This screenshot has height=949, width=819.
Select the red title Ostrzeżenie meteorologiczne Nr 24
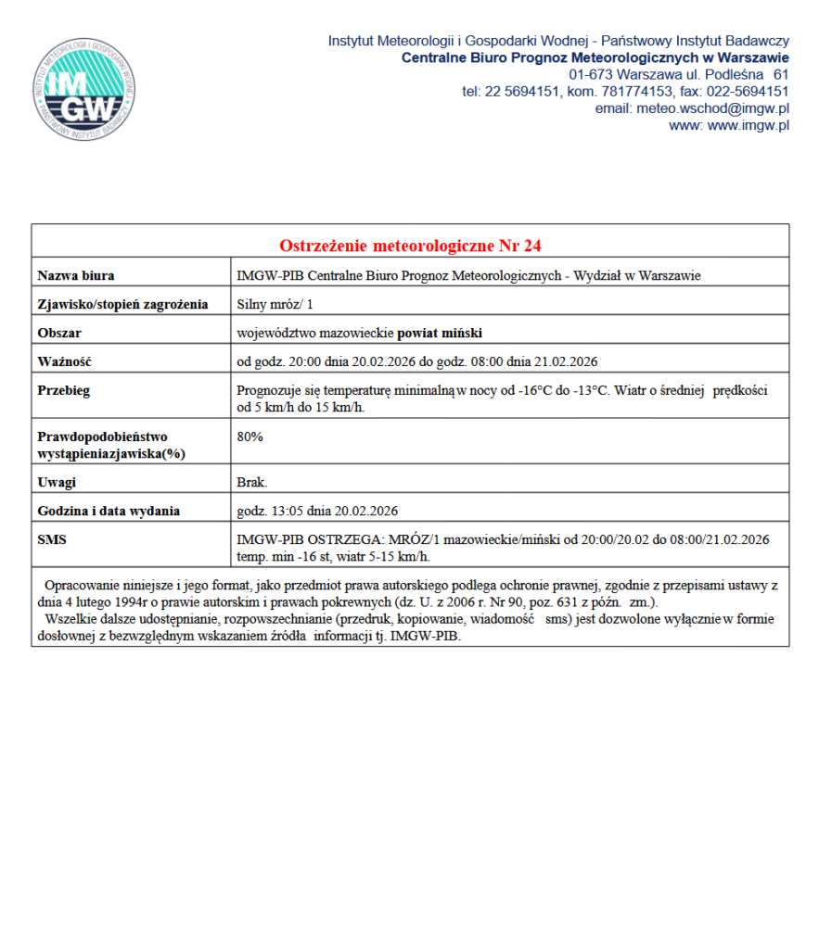pos(410,246)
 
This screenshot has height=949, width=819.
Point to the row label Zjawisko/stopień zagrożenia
pos(122,304)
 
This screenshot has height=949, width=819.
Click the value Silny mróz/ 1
pos(275,304)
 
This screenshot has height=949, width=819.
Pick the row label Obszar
pos(60,333)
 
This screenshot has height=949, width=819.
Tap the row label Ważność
pos(64,361)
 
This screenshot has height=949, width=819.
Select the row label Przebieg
pos(64,390)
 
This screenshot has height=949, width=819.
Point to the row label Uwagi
pos(57,482)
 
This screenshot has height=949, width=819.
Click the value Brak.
pos(252,482)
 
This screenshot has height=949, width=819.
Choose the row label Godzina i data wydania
pos(109,511)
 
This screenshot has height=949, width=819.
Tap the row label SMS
pos(52,539)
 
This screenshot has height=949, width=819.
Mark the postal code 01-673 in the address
pos(591,74)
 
